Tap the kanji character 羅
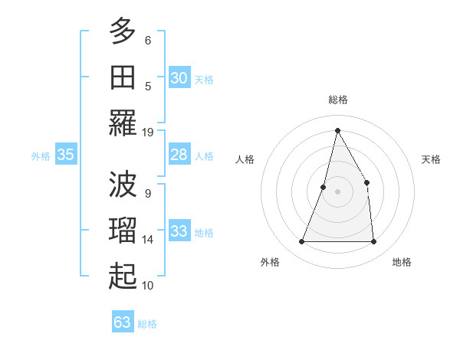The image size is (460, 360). pyautogui.click(x=123, y=123)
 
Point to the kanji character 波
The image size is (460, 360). pyautogui.click(x=123, y=184)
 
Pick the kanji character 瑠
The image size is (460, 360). pyautogui.click(x=123, y=230)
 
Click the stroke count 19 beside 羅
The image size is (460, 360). pyautogui.click(x=148, y=132)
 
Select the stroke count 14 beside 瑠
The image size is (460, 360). pyautogui.click(x=148, y=240)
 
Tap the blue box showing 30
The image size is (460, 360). pyautogui.click(x=179, y=78)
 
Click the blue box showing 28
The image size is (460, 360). pyautogui.click(x=179, y=155)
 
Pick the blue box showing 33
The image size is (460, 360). pyautogui.click(x=179, y=232)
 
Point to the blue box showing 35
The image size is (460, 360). pyautogui.click(x=65, y=155)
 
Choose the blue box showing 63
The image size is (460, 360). pyautogui.click(x=122, y=322)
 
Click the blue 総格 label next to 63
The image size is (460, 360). pyautogui.click(x=147, y=324)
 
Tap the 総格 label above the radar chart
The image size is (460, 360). pyautogui.click(x=337, y=100)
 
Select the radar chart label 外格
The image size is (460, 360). pyautogui.click(x=270, y=262)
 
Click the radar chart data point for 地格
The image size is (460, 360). pyautogui.click(x=373, y=242)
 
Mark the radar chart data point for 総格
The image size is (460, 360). pyautogui.click(x=337, y=129)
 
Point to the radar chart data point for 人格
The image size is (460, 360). pyautogui.click(x=324, y=187)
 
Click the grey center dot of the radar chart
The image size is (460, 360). pyautogui.click(x=337, y=191)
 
